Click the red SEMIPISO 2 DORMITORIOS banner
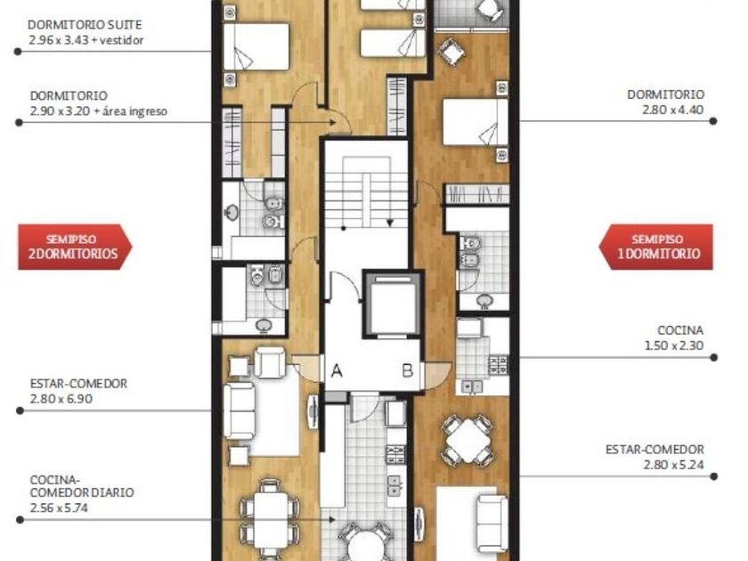75,247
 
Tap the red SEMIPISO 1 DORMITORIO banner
656,247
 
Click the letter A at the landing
337,370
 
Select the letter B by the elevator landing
408,370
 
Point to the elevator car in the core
393,304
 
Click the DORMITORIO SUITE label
85,25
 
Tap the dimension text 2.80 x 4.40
672,110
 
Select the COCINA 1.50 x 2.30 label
674,337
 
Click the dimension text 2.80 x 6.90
61,399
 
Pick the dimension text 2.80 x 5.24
673,464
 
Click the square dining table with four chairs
468,440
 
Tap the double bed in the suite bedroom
256,46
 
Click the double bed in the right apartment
476,122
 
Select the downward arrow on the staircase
390,210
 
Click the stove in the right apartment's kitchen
498,365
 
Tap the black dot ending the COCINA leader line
713,357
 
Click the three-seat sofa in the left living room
239,411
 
